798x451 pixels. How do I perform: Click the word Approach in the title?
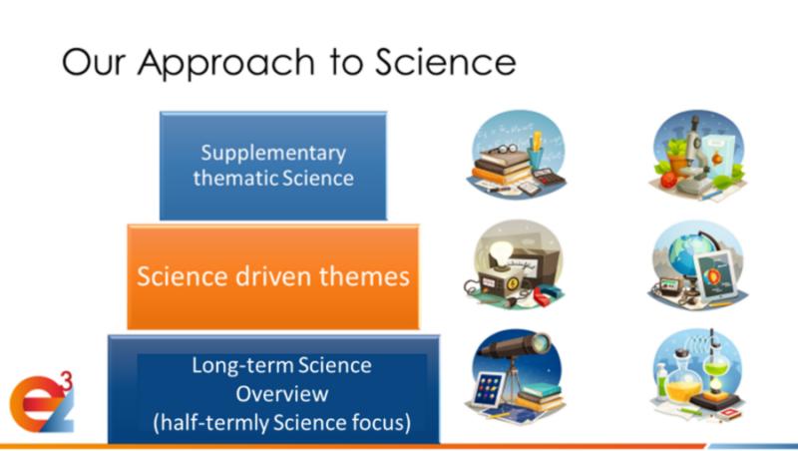(227, 64)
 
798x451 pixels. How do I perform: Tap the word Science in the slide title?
(446, 62)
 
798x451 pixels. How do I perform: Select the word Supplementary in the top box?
(273, 154)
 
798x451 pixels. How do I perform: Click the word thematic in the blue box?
(234, 179)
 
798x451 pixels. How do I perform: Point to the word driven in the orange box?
(273, 276)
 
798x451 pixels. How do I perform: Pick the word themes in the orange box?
(364, 276)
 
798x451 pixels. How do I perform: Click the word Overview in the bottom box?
(282, 394)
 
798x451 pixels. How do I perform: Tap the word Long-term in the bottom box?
(241, 366)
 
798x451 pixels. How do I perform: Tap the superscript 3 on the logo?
(67, 381)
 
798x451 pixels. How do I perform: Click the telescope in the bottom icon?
(514, 347)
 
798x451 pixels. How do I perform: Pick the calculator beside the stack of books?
(548, 177)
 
